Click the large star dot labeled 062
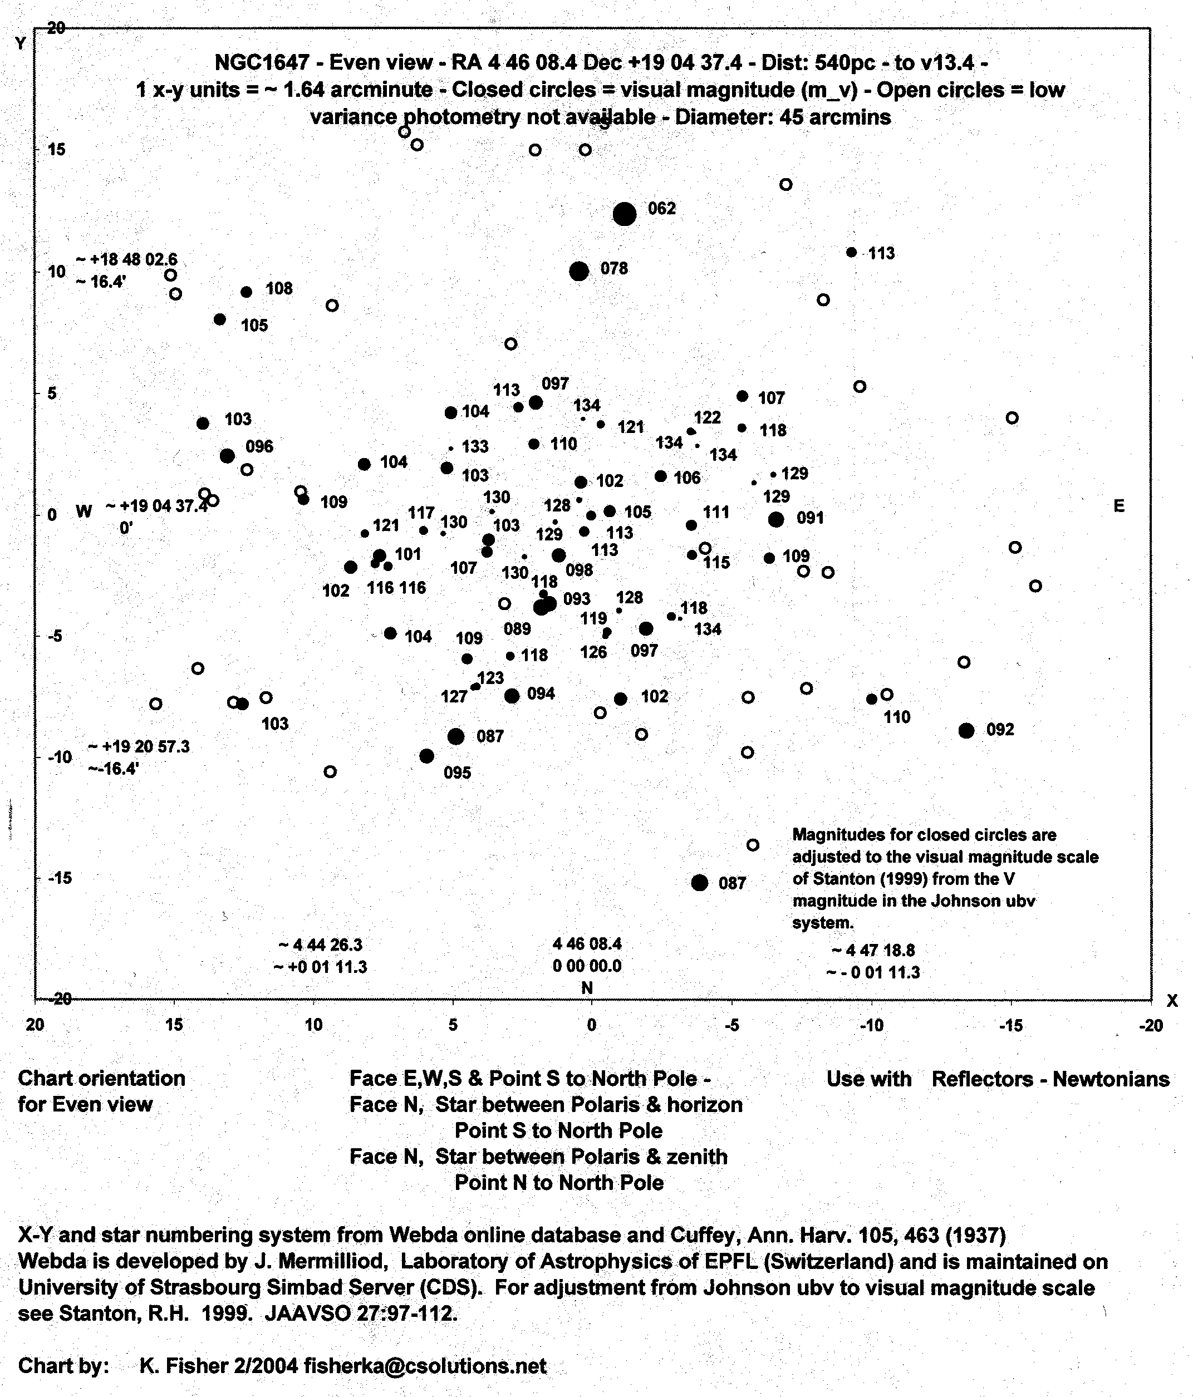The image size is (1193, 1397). click(x=624, y=214)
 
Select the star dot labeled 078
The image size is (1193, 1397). click(x=578, y=271)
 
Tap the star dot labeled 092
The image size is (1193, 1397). click(x=966, y=730)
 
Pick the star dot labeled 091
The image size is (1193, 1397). click(x=775, y=519)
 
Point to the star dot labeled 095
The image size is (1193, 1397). click(x=426, y=756)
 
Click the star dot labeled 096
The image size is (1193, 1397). click(x=227, y=456)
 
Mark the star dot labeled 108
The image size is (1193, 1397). click(x=246, y=292)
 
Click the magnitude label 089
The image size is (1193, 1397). click(x=517, y=629)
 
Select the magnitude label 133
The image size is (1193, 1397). click(x=475, y=446)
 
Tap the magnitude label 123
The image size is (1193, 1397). click(x=490, y=677)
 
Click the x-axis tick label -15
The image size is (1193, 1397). click(x=1010, y=1026)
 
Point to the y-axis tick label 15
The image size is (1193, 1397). click(x=57, y=149)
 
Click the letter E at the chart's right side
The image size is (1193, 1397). click(x=1119, y=506)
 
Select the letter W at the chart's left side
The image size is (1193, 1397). click(x=83, y=511)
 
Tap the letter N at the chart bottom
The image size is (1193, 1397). click(x=587, y=988)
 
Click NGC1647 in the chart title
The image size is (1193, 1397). click(x=262, y=63)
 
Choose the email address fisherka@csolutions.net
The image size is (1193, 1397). click(x=425, y=1365)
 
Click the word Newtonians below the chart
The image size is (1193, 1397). click(x=1110, y=1079)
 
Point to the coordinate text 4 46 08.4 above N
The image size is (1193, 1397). click(x=587, y=943)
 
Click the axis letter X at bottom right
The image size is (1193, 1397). click(x=1172, y=1001)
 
